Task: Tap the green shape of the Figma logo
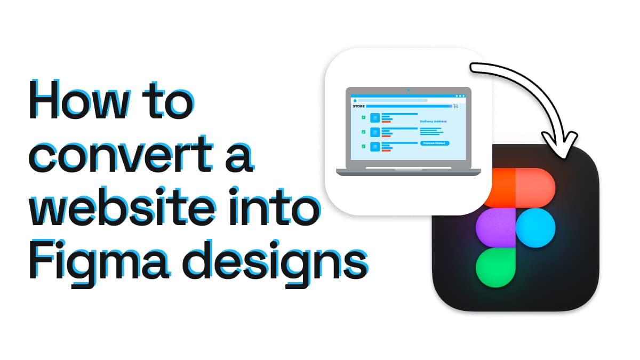[495, 267]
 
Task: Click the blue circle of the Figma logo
[535, 228]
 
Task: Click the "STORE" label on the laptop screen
[358, 106]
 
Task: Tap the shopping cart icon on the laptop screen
[455, 106]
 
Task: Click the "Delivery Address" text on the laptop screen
[433, 122]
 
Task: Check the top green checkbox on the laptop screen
[363, 117]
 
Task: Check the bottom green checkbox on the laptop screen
[363, 146]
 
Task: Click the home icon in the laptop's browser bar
[354, 100]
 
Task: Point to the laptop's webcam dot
[409, 90]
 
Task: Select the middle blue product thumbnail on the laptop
[375, 132]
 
